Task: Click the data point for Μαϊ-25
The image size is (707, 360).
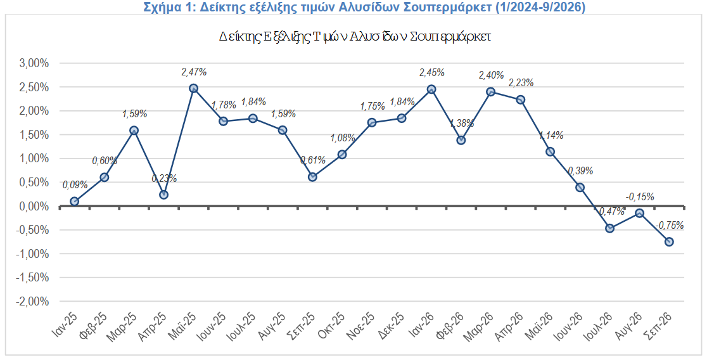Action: (x=193, y=89)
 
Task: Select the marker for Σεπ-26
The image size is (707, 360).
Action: (x=669, y=242)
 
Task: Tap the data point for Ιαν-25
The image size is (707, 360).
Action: (x=74, y=201)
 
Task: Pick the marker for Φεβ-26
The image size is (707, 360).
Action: (x=461, y=140)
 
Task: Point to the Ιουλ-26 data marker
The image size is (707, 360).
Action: (x=609, y=228)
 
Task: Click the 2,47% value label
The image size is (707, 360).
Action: (x=194, y=72)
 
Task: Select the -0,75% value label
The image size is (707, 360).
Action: (x=670, y=226)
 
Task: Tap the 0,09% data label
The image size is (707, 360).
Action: (x=75, y=184)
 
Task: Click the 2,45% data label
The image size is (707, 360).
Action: (x=432, y=72)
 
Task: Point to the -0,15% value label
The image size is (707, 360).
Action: (x=640, y=196)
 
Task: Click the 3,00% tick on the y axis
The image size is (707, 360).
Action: (x=34, y=63)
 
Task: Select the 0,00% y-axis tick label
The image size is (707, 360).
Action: (x=34, y=206)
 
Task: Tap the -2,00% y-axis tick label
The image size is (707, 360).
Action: (x=32, y=301)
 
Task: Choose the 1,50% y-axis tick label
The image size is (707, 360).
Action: (x=34, y=134)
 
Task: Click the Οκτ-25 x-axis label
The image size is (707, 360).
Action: (x=331, y=324)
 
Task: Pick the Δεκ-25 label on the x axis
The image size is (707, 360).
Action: (x=392, y=324)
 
